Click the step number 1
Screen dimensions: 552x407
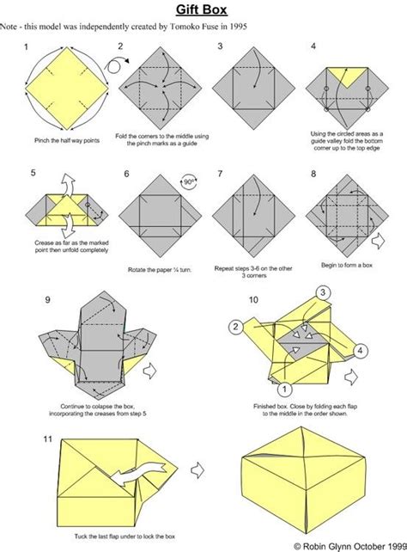27,46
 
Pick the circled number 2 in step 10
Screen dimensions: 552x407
234,326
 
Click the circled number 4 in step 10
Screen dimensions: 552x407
361,349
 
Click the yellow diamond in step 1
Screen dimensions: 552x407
66,84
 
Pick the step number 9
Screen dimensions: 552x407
49,299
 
